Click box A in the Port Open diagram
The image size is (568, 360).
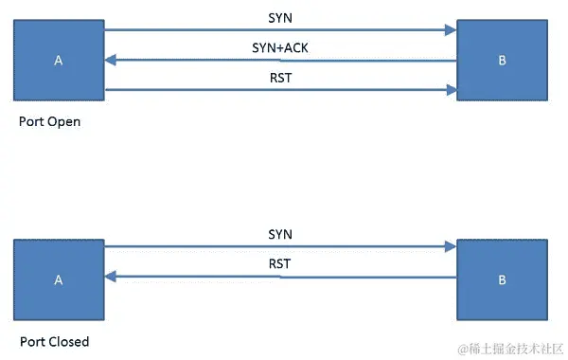pyautogui.click(x=59, y=61)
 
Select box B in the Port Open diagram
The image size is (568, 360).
pyautogui.click(x=502, y=61)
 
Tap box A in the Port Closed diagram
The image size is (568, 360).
pyautogui.click(x=59, y=279)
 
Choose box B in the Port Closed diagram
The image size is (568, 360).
pyautogui.click(x=502, y=279)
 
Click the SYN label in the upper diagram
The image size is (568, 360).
pyautogui.click(x=280, y=18)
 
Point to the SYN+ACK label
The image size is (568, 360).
pyautogui.click(x=280, y=47)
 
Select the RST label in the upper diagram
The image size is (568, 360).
pyautogui.click(x=280, y=78)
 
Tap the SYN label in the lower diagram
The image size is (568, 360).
pyautogui.click(x=280, y=233)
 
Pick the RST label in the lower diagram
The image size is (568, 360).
pyautogui.click(x=280, y=262)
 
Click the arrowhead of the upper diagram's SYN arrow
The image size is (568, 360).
pyautogui.click(x=451, y=30)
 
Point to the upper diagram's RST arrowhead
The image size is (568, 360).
pyautogui.click(x=451, y=91)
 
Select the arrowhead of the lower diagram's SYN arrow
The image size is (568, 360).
pyautogui.click(x=451, y=246)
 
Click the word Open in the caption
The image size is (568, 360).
pyautogui.click(x=65, y=122)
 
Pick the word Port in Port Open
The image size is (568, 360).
pyautogui.click(x=31, y=122)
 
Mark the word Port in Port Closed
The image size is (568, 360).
pyautogui.click(x=31, y=341)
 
